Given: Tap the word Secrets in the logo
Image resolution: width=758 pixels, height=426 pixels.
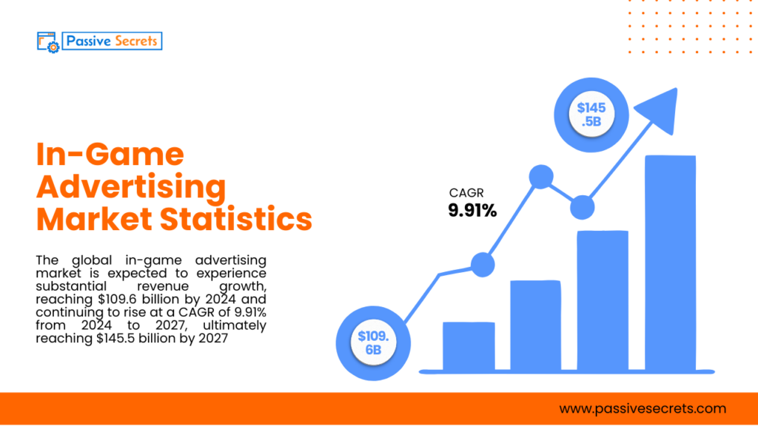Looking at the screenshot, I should tap(135, 41).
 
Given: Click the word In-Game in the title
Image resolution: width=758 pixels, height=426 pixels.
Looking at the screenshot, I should tap(110, 155).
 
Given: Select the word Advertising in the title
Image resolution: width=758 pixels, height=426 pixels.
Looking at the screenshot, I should tap(131, 187).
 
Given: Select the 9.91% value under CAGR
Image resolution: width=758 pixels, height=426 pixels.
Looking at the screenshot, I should tap(472, 211).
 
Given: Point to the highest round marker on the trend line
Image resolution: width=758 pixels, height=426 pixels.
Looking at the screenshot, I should tap(541, 177).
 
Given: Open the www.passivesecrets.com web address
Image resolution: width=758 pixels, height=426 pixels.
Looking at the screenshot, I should tap(643, 408).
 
